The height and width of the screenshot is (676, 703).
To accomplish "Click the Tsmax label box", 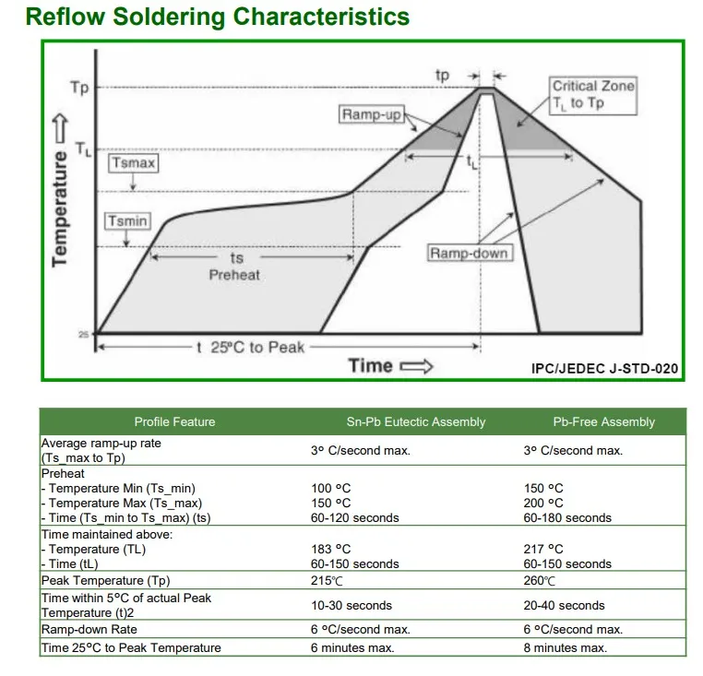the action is coord(133,162).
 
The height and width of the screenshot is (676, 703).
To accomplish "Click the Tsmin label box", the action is coord(128,221).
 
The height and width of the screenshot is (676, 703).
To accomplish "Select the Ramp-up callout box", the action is coord(372,114).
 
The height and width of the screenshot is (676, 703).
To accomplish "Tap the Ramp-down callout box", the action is coord(469,253).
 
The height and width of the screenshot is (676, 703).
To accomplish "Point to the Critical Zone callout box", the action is coord(592,95).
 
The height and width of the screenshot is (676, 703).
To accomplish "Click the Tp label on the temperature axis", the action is coord(79,87).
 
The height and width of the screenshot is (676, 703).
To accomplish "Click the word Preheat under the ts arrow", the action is coord(234,275).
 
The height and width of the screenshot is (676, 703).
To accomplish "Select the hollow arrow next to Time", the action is coord(416,366).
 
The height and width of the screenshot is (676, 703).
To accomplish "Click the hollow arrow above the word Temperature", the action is coord(61,129).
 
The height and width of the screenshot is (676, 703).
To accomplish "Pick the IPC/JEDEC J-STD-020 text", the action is coord(604,369).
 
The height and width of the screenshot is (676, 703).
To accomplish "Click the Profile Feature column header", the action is coord(175,421).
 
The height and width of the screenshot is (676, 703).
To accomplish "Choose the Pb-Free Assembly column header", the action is coord(604,421).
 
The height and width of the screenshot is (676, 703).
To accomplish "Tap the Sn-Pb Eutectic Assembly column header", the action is coord(416,421).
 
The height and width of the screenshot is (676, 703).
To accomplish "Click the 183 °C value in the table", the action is coord(331,549).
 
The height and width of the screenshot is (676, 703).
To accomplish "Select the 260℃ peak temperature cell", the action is coord(540,580).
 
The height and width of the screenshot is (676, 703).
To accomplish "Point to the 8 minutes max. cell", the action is coord(566,647).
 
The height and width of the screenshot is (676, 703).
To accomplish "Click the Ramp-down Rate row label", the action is coord(89,629).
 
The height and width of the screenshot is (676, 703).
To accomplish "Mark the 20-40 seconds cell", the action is coord(564,606).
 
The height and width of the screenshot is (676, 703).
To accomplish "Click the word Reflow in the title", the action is coord(65,17).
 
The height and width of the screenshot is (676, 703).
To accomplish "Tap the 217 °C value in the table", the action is coord(543,549).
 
